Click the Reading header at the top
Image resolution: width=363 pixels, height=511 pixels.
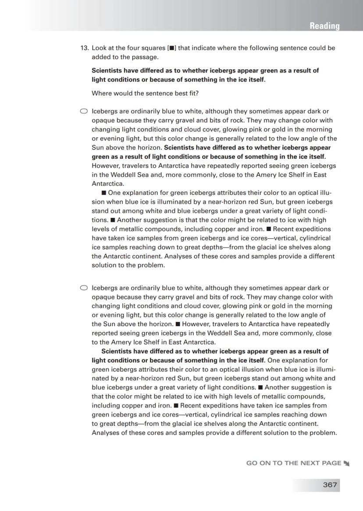point(324,26)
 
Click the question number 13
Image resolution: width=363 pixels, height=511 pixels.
point(84,48)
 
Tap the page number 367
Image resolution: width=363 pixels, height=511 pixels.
point(330,485)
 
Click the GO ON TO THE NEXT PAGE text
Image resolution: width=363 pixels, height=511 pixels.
point(293,463)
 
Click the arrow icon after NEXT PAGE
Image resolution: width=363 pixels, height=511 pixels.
point(347,463)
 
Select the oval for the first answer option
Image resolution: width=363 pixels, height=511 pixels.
point(84,111)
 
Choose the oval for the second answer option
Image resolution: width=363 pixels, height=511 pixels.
point(84,288)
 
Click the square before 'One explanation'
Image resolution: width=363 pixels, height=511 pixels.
point(103,193)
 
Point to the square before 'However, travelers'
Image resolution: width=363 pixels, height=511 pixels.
point(178,324)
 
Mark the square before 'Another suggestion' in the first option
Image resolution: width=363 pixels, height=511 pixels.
point(113,220)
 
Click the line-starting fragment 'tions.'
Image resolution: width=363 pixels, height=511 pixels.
point(100,220)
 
